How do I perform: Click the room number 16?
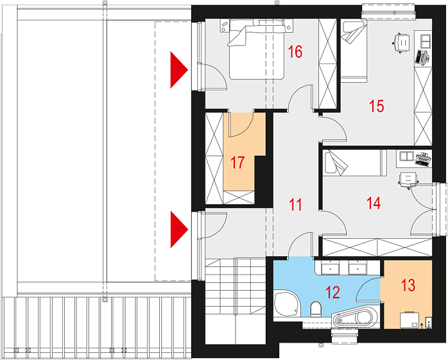pos(295,52)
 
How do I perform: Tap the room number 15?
pos(377,106)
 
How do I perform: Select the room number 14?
pos(374,203)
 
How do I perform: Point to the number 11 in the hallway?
pos(295,205)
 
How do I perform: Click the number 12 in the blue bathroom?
pos(333,292)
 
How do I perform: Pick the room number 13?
pos(408,285)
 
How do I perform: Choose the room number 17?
pos(237,162)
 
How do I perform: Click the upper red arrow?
pos(179,70)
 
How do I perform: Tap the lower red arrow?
pos(179,229)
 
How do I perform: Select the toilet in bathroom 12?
pos(316,309)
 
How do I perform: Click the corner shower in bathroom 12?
pos(287,304)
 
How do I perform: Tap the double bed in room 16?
pos(257,49)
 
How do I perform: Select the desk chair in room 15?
pos(401,43)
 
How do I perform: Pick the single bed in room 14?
pos(354,163)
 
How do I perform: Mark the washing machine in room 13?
pos(409,320)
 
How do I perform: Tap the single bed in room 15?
pos(354,51)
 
